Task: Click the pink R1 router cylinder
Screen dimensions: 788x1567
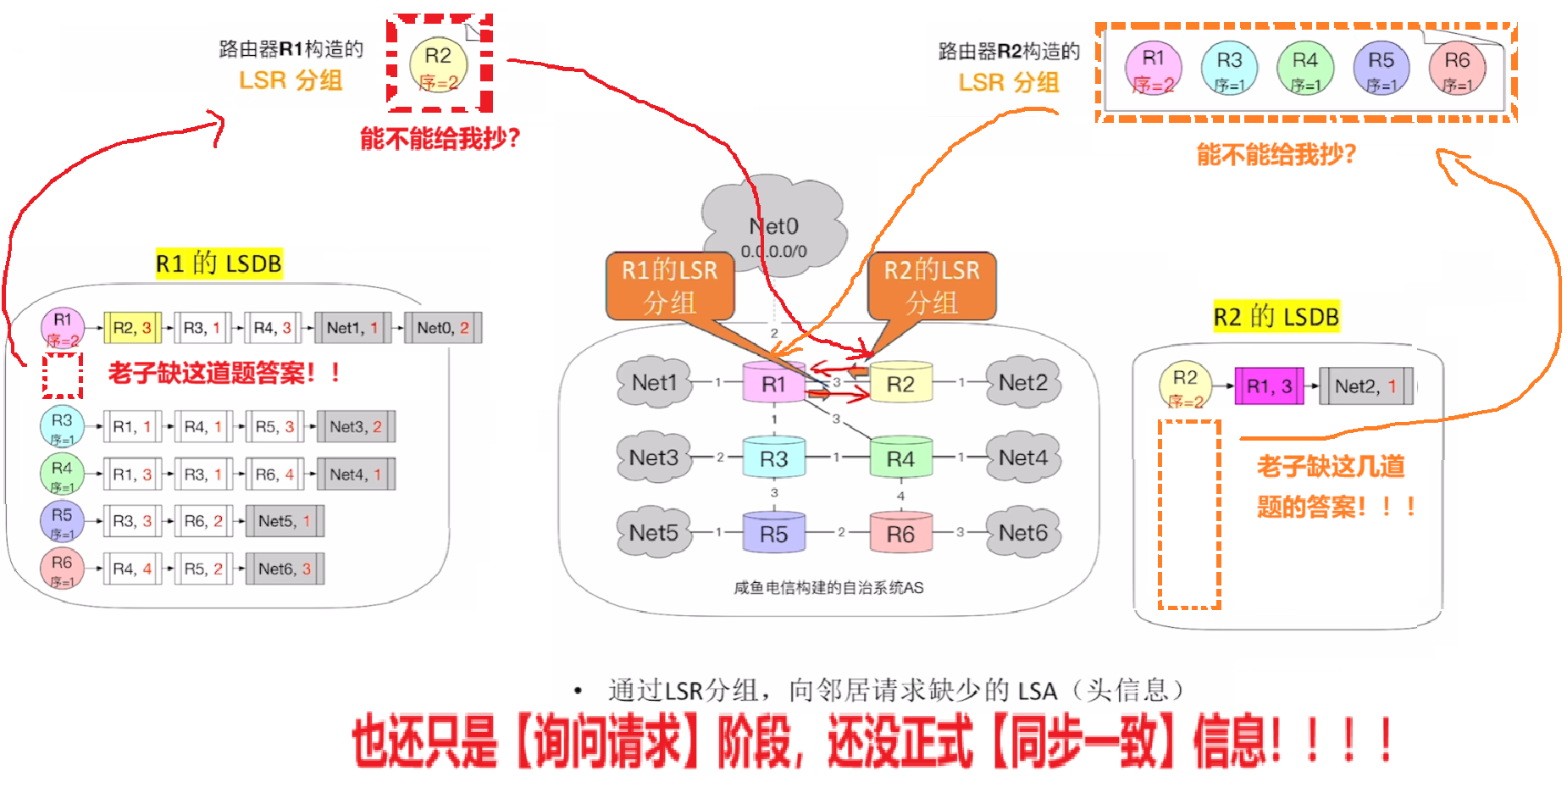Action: point(772,383)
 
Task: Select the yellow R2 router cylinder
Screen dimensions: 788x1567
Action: point(900,383)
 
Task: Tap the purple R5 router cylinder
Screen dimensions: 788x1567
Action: point(772,533)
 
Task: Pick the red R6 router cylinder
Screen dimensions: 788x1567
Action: point(900,533)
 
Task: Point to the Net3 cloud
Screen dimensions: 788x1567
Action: point(653,458)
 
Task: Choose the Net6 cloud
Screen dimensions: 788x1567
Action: point(1023,532)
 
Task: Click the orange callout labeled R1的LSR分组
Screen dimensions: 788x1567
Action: point(669,286)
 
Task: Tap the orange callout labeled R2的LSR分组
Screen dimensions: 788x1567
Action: point(932,286)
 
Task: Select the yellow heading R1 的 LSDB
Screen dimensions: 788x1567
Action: point(219,264)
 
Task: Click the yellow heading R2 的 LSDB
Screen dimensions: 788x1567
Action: point(1276,317)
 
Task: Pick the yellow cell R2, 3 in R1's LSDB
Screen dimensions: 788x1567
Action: point(132,328)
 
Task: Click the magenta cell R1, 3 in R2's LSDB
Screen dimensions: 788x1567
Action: point(1268,386)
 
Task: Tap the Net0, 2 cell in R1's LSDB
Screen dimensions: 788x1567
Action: point(442,328)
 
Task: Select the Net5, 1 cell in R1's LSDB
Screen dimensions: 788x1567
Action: point(284,521)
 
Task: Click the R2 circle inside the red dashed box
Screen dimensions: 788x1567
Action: point(438,65)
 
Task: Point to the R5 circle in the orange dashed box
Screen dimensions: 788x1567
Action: point(1381,69)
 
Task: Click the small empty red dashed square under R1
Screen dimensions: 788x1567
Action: point(63,375)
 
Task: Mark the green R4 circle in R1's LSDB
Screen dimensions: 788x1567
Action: point(62,474)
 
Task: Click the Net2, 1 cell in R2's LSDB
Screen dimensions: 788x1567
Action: point(1365,386)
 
